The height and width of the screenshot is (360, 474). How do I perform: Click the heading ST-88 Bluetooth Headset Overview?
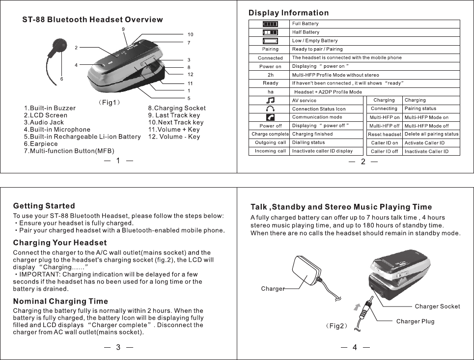(x=92, y=20)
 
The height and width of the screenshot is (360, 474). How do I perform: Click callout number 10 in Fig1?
(x=190, y=35)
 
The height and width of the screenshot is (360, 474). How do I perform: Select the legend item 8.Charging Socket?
(x=177, y=108)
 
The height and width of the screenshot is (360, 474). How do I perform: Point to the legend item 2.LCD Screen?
(x=46, y=115)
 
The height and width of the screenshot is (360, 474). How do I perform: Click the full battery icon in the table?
(x=270, y=24)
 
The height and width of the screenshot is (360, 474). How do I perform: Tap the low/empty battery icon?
(x=270, y=41)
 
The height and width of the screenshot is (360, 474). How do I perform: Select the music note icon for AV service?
(x=270, y=100)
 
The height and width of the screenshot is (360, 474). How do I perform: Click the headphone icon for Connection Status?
(x=270, y=109)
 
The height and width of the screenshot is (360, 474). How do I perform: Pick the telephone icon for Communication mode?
(x=270, y=117)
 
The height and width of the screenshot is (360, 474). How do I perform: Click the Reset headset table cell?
(x=385, y=134)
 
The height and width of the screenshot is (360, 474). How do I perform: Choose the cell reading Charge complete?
(x=270, y=134)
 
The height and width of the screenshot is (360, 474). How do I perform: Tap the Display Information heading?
(x=289, y=13)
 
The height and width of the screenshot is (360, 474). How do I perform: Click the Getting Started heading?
(x=44, y=206)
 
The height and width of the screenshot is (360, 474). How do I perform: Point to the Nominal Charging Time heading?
(x=60, y=301)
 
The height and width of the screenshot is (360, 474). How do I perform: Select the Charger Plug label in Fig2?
(x=415, y=322)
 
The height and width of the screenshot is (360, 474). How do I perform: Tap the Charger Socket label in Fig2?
(x=437, y=306)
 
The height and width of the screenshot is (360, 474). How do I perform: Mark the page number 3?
(x=118, y=347)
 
